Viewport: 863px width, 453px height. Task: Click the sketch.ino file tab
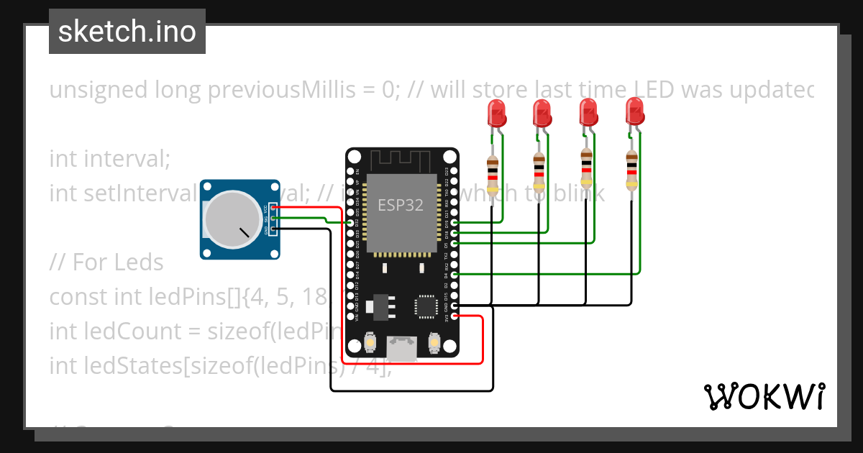point(127,32)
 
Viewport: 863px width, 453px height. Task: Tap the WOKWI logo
point(764,396)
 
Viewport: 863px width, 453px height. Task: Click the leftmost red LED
point(496,113)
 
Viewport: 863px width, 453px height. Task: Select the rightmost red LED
point(634,113)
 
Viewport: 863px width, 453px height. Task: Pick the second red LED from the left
point(542,113)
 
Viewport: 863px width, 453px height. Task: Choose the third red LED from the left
point(588,113)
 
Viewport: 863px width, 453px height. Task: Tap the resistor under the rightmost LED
point(631,171)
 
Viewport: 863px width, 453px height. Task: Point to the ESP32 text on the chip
point(401,205)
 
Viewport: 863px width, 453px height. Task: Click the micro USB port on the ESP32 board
point(401,348)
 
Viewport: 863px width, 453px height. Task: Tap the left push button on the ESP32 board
point(368,343)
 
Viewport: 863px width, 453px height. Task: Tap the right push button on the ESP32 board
point(434,343)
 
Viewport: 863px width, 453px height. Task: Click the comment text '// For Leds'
point(106,262)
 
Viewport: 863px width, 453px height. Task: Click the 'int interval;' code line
point(109,158)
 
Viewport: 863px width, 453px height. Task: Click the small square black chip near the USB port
point(425,307)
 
